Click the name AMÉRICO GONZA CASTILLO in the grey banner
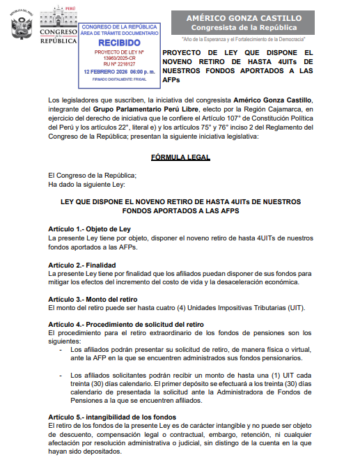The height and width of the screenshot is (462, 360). pos(252,17)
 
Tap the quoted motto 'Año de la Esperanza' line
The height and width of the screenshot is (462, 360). pos(252,39)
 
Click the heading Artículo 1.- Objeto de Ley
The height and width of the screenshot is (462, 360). pos(90,229)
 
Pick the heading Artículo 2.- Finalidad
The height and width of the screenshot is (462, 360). pos(81,265)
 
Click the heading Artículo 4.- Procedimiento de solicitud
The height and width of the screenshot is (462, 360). pos(125,325)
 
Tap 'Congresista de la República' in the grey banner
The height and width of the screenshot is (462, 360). pos(252,27)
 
